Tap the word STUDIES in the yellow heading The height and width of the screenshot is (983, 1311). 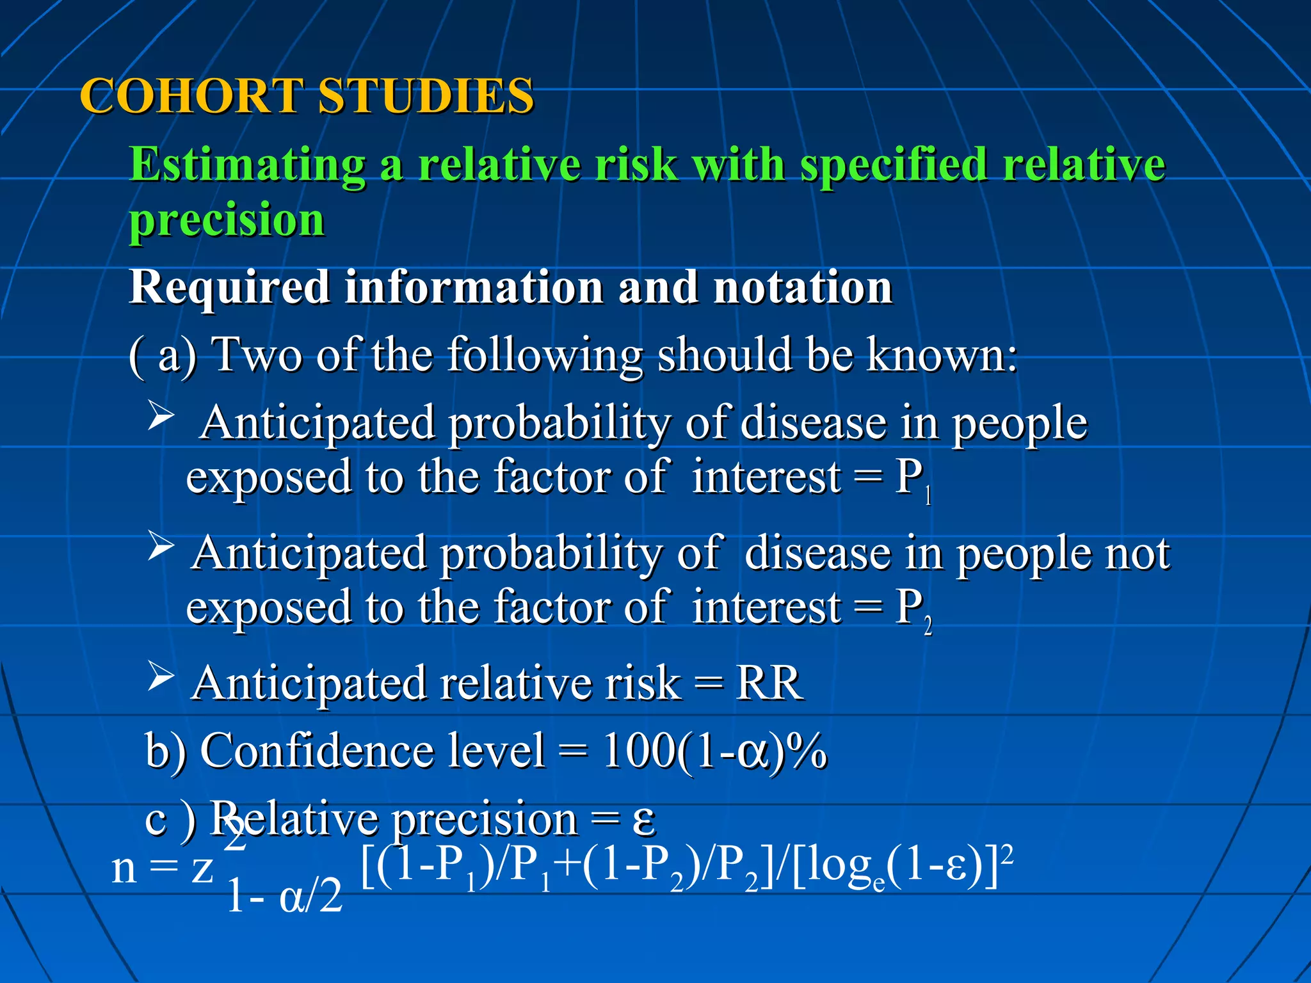[x=426, y=96]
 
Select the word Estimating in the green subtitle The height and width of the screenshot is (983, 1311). [x=246, y=165]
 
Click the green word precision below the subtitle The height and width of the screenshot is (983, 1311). [x=227, y=220]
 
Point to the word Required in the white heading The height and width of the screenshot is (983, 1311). [x=229, y=287]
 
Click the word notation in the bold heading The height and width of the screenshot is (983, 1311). [x=803, y=287]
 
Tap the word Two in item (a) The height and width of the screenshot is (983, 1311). [x=256, y=355]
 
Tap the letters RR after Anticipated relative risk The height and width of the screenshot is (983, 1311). [x=768, y=683]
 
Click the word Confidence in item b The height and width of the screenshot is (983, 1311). [x=371, y=751]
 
